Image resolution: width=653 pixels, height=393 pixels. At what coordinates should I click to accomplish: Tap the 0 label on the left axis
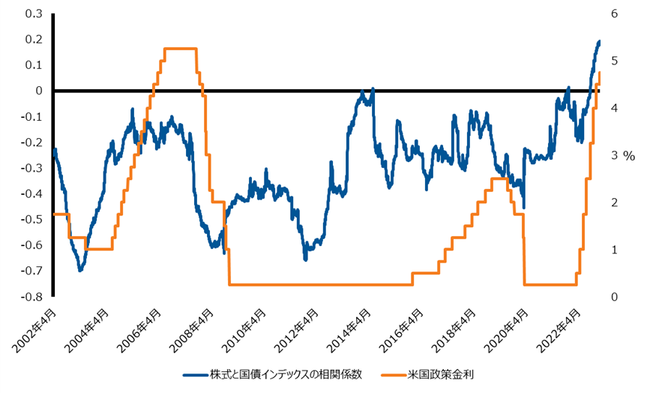pyautogui.click(x=37, y=91)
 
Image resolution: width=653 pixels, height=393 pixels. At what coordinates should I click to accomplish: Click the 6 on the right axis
pyautogui.click(x=615, y=13)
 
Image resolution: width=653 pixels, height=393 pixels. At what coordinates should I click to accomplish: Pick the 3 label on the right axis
pyautogui.click(x=615, y=155)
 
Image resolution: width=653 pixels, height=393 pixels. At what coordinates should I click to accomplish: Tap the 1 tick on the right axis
pyautogui.click(x=615, y=250)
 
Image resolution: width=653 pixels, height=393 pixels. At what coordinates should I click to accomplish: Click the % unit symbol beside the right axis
pyautogui.click(x=630, y=156)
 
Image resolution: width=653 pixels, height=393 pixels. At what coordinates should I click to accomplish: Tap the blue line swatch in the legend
pyautogui.click(x=193, y=373)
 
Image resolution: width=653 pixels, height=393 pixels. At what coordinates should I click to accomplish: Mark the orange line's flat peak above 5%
pyautogui.click(x=180, y=49)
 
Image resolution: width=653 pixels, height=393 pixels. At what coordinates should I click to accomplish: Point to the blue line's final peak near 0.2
pyautogui.click(x=599, y=41)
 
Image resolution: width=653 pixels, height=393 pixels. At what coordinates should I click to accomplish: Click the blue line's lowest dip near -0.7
pyautogui.click(x=80, y=270)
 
